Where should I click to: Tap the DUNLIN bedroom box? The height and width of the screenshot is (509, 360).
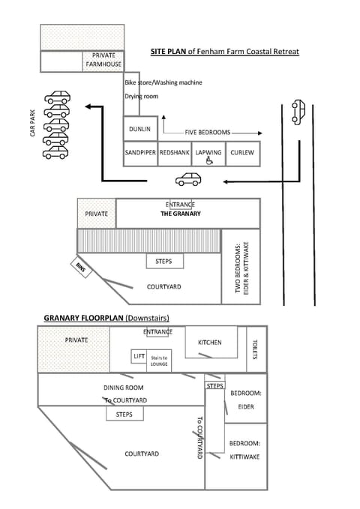pyautogui.click(x=140, y=129)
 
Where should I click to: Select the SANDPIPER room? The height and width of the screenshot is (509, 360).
pyautogui.click(x=140, y=153)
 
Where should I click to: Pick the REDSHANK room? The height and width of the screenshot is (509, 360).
pyautogui.click(x=175, y=153)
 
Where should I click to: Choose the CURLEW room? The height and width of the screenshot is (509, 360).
pyautogui.click(x=243, y=153)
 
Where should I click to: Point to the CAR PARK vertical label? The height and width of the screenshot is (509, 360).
pyautogui.click(x=33, y=124)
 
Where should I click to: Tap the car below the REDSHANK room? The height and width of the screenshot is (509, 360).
pyautogui.click(x=188, y=179)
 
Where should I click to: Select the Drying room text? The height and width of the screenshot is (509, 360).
pyautogui.click(x=141, y=97)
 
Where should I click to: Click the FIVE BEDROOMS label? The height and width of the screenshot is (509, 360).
pyautogui.click(x=206, y=129)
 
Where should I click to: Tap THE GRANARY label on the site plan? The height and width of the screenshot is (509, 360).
pyautogui.click(x=181, y=214)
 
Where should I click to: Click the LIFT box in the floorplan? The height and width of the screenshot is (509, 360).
pyautogui.click(x=139, y=357)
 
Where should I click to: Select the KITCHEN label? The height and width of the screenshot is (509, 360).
pyautogui.click(x=210, y=343)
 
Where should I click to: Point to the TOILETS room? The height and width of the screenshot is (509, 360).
pyautogui.click(x=256, y=349)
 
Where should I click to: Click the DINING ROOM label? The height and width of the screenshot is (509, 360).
pyautogui.click(x=123, y=388)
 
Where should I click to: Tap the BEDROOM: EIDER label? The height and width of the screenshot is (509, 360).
pyautogui.click(x=245, y=400)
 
